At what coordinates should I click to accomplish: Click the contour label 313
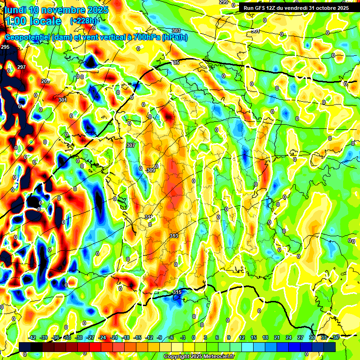point(174,236)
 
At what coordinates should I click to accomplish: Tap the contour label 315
point(177,292)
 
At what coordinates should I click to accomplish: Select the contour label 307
point(131,145)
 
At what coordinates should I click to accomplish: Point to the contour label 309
point(150,170)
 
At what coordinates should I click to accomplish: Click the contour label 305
point(175,62)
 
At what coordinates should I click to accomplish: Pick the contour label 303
point(176,30)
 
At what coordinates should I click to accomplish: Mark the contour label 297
point(22,67)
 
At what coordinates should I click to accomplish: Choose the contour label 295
point(5,47)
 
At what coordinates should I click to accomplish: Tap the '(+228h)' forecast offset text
point(83,21)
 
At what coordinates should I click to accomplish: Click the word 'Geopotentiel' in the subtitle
point(27,37)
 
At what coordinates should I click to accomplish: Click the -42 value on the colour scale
point(32,337)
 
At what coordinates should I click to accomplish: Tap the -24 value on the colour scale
point(102,337)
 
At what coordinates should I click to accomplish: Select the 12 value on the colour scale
point(242,337)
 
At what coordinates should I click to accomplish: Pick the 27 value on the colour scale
point(300,337)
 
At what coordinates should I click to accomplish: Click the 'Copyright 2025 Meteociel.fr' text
point(198,356)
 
